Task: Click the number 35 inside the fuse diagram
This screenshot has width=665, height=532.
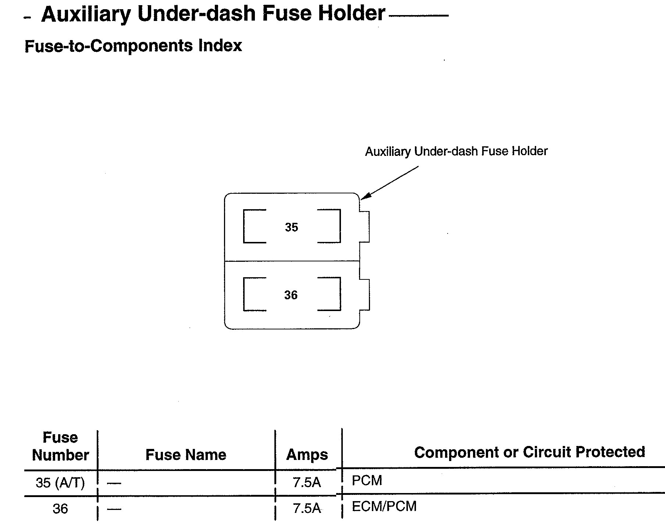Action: coord(291,227)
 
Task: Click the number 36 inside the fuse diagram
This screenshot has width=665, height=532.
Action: coord(291,295)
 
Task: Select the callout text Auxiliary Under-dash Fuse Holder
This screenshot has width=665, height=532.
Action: coord(456,151)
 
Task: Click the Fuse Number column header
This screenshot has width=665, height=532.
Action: coord(60,446)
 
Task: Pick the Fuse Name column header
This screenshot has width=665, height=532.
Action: coord(186,455)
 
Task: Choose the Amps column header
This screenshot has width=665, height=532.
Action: coord(307,455)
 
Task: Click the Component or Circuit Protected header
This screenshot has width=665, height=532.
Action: coord(529,452)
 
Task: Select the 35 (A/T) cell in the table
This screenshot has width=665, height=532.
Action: coord(60,482)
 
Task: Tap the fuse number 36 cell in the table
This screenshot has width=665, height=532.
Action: coord(60,508)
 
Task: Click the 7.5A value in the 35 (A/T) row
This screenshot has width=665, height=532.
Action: coord(307,482)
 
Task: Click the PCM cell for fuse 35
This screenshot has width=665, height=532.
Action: coord(367,481)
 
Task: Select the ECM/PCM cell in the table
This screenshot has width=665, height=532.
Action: coord(384,506)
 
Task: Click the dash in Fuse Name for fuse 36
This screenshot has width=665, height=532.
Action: coord(114,509)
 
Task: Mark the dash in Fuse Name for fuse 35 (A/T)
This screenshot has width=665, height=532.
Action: coord(114,483)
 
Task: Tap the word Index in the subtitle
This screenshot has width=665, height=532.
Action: coord(220,46)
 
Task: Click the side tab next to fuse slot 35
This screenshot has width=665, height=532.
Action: coord(364,226)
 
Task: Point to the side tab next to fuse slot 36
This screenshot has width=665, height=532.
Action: coord(364,295)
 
